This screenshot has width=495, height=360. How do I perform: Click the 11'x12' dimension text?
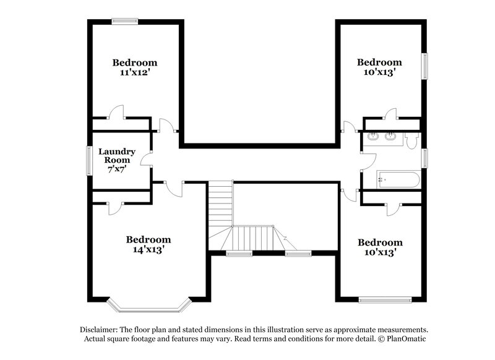pyautogui.click(x=134, y=72)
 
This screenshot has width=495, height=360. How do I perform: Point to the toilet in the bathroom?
pyautogui.click(x=413, y=141)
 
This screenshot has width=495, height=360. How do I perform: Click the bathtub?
pyautogui.click(x=398, y=180)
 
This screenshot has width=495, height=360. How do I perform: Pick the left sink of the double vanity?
pyautogui.click(x=373, y=137)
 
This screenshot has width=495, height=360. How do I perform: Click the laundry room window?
pyautogui.click(x=89, y=161)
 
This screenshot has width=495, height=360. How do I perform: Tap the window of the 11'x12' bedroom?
pyautogui.click(x=124, y=22)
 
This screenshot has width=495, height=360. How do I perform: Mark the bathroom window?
pyautogui.click(x=424, y=158)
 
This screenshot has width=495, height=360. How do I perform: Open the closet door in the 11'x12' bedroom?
pyautogui.click(x=116, y=113)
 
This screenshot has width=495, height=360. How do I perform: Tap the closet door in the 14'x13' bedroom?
pyautogui.click(x=116, y=208)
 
